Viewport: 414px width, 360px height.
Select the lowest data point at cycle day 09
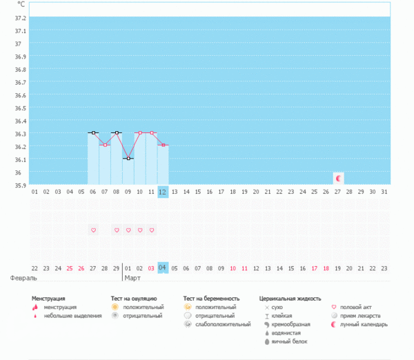pyautogui.click(x=128, y=159)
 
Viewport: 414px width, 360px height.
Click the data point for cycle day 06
pyautogui.click(x=93, y=132)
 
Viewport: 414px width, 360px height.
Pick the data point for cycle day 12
pyautogui.click(x=163, y=145)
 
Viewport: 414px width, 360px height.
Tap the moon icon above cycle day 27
pyautogui.click(x=338, y=178)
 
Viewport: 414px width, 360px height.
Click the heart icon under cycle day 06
pyautogui.click(x=93, y=230)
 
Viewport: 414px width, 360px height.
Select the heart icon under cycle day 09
pyautogui.click(x=128, y=230)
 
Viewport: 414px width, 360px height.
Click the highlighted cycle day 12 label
pyautogui.click(x=163, y=191)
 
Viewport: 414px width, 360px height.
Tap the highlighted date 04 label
pyautogui.click(x=163, y=268)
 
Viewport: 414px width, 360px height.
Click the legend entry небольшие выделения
pyautogui.click(x=68, y=315)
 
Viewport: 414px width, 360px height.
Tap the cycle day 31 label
pyautogui.click(x=384, y=191)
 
